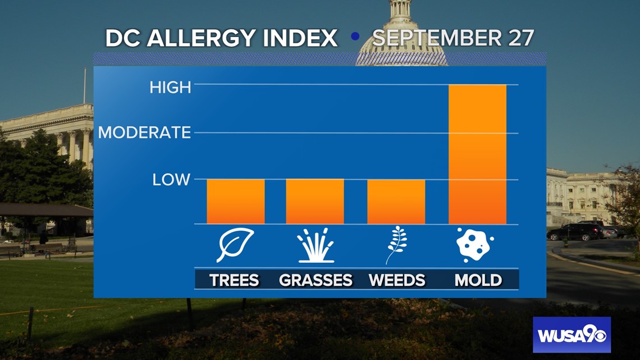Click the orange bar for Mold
477,154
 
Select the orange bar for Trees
236,202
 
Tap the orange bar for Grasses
315,202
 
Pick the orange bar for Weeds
396,202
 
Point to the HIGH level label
170,88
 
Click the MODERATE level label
144,132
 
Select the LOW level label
171,180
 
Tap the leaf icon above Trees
235,245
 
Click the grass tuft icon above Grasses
316,245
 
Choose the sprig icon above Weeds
397,245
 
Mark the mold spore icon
475,244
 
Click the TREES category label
234,280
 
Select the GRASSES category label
316,280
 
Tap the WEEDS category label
397,280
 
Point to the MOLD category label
478,280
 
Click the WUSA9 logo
572,335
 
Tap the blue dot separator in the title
355,37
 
